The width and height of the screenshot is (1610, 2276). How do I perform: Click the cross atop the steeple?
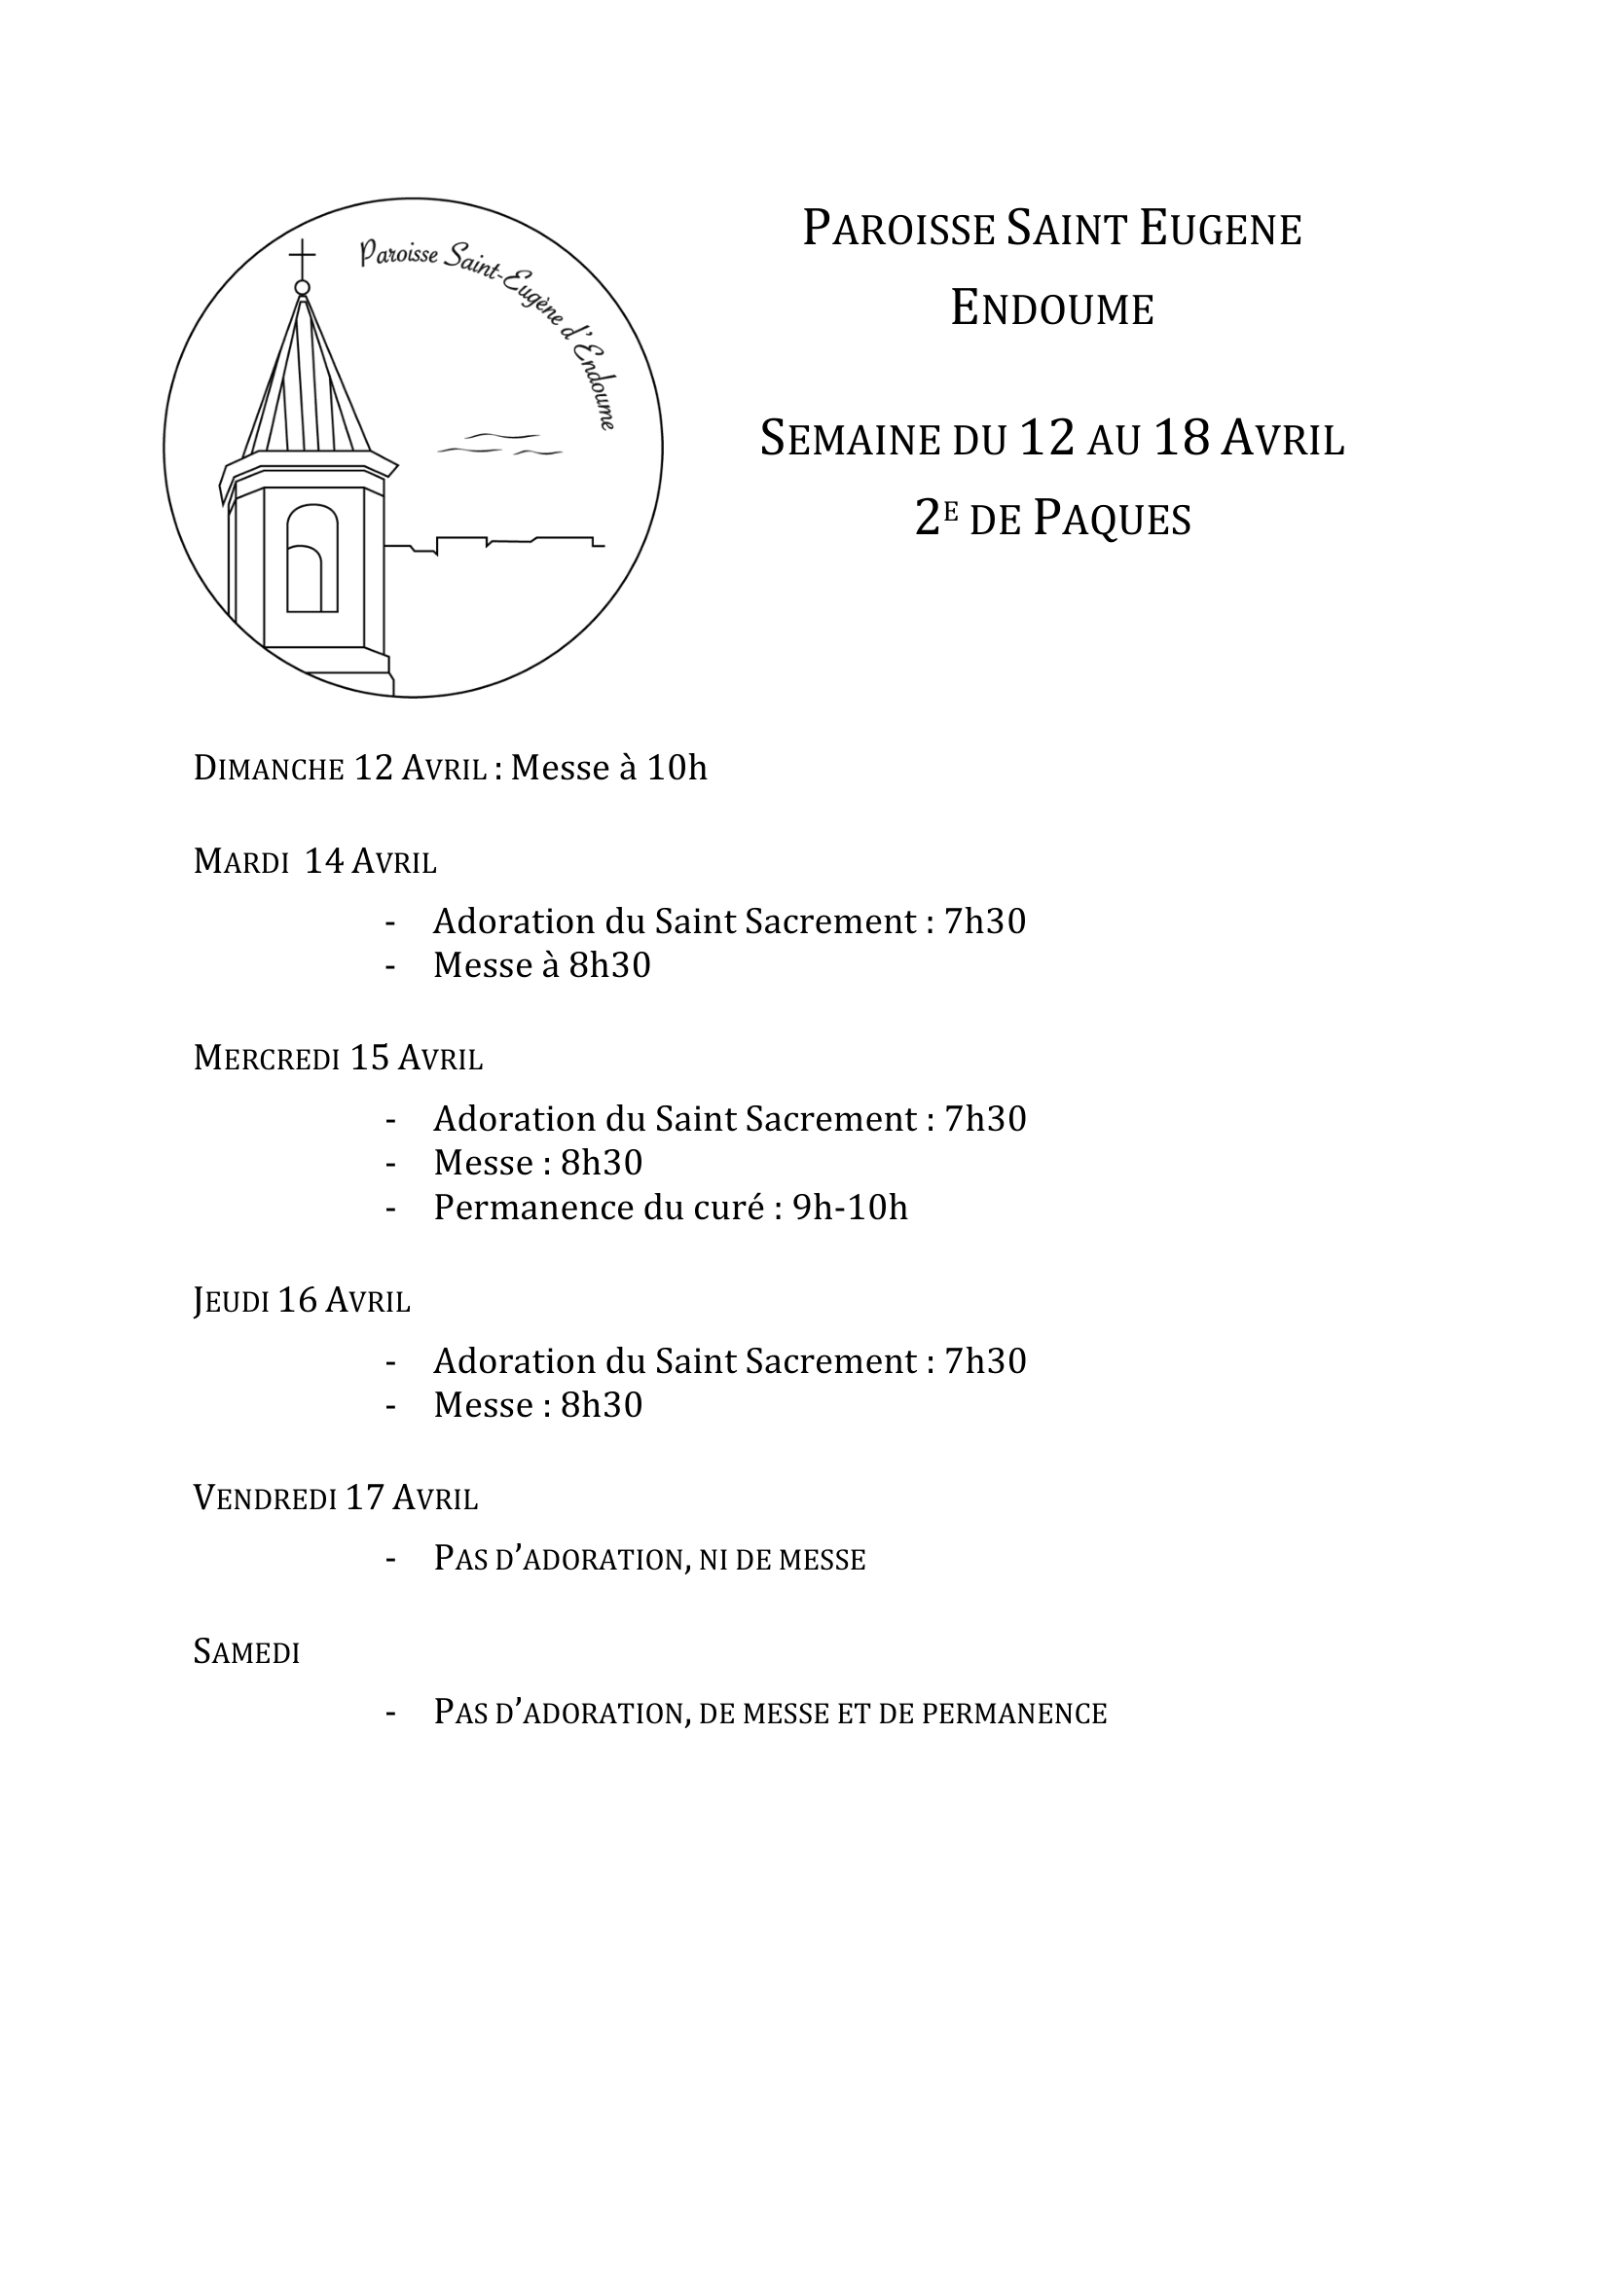point(303,258)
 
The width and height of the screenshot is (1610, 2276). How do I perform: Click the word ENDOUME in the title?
point(1052,308)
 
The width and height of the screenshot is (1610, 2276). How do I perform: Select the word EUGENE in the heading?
point(1220,230)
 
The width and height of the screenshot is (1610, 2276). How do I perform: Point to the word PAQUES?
point(1112,519)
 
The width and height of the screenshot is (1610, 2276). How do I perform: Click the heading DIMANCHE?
point(269,769)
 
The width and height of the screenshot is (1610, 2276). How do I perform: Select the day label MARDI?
point(240,861)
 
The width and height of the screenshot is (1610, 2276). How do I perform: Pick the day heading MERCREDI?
point(267,1059)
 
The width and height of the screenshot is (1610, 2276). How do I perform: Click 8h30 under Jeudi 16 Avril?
point(601,1405)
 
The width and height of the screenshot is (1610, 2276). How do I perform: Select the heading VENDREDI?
point(265,1498)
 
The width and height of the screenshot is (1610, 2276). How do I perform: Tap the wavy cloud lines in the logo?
point(500,444)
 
